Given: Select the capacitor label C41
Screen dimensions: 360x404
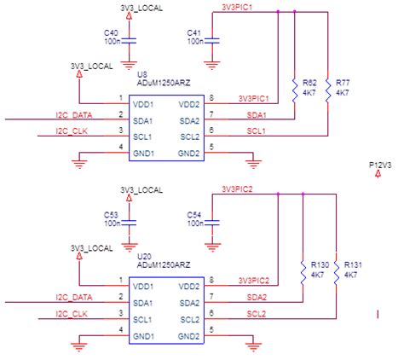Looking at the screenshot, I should click(195, 32).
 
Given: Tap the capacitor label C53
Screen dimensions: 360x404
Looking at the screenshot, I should click(112, 214).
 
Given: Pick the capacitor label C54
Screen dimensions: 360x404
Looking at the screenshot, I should click(195, 214).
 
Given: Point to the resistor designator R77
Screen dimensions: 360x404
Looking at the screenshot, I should click(343, 83).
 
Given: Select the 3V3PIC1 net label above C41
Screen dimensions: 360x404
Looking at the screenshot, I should click(236, 7).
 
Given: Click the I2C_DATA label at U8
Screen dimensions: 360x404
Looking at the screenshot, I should click(73, 114).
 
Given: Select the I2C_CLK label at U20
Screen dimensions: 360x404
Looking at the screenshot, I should click(72, 313).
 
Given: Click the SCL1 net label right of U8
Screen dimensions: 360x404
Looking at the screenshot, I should click(256, 131).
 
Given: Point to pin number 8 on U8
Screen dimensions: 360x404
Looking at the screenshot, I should click(211, 98).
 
